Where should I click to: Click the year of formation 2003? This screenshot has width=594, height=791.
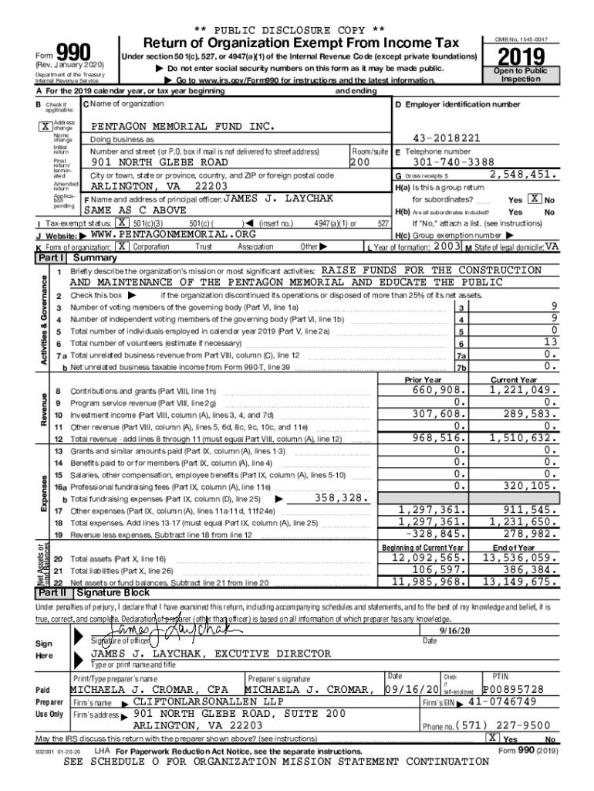click(x=447, y=246)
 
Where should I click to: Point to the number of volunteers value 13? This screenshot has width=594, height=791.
click(x=549, y=341)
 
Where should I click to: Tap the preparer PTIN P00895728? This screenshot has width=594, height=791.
click(x=514, y=689)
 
